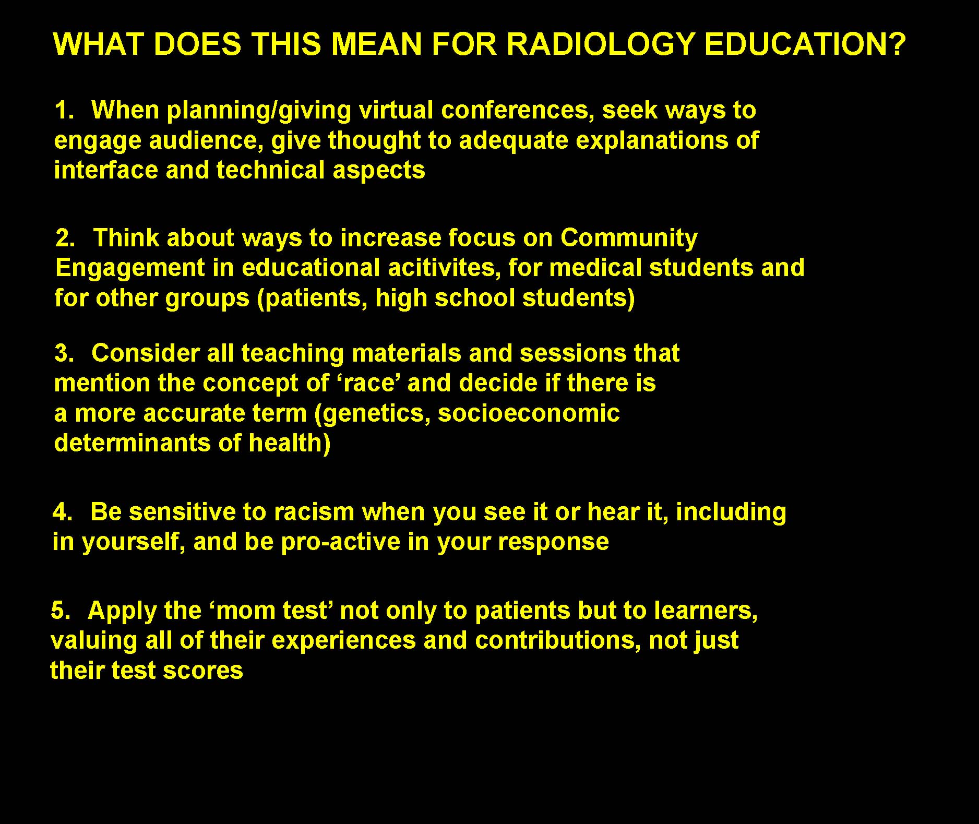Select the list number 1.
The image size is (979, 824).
(65, 111)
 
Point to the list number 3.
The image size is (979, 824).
(65, 353)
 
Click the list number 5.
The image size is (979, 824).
(61, 611)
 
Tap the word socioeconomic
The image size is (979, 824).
(529, 413)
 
